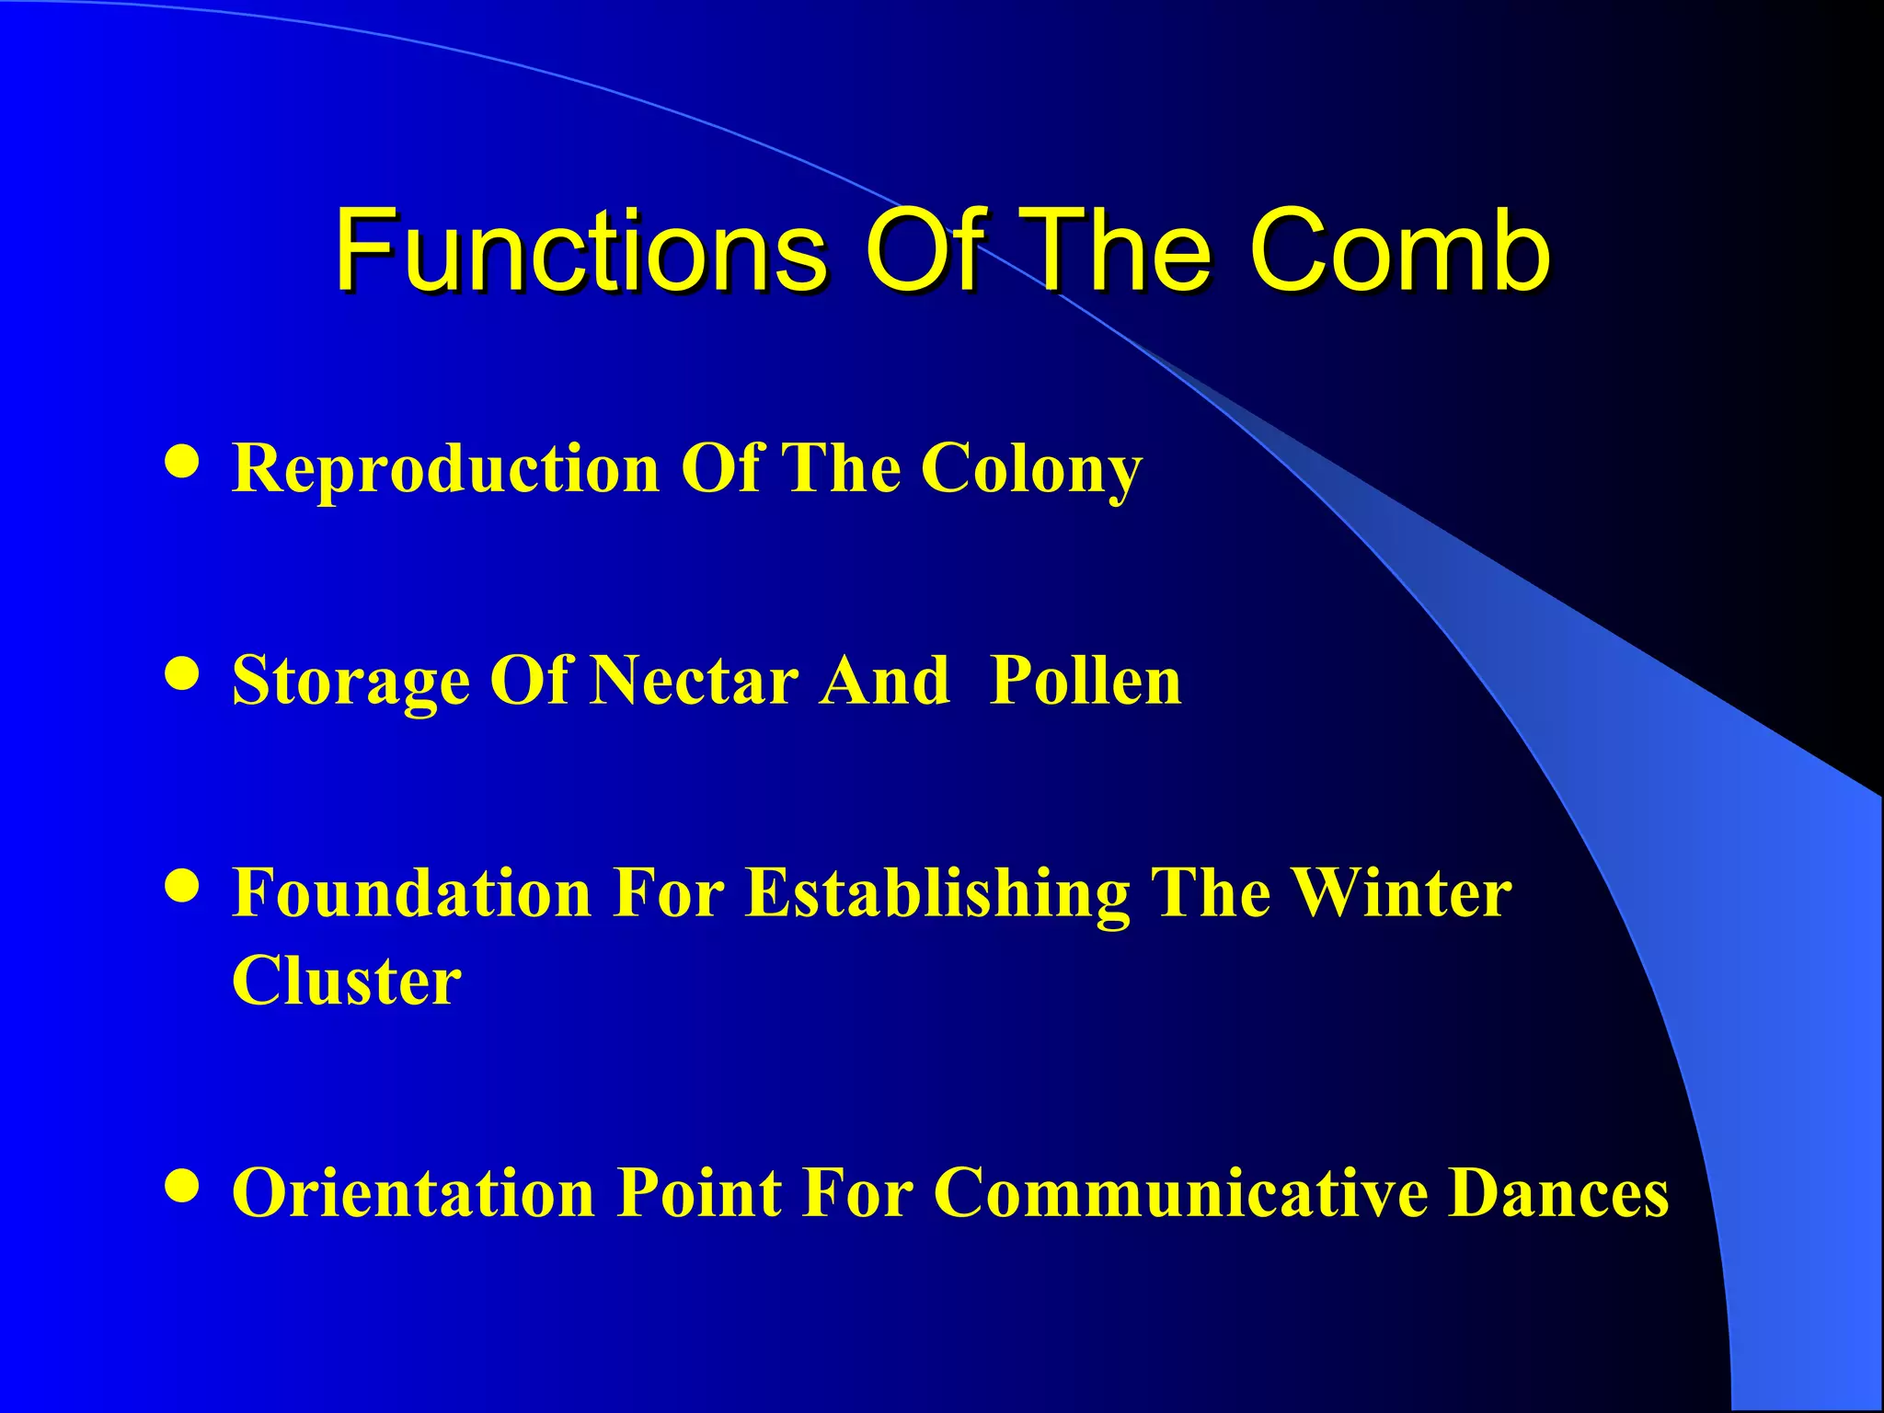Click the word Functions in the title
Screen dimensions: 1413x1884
pos(580,250)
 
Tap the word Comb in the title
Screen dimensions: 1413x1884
pos(1398,250)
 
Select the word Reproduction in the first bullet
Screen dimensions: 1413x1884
pos(445,469)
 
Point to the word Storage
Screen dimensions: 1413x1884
pos(350,683)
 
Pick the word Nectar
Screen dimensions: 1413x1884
pos(695,681)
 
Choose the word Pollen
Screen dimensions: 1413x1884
pos(1086,681)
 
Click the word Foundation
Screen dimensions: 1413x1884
pos(411,892)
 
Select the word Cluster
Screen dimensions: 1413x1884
pos(346,981)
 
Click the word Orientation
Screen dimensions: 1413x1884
pos(413,1193)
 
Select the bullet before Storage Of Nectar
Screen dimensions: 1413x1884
pos(182,673)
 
